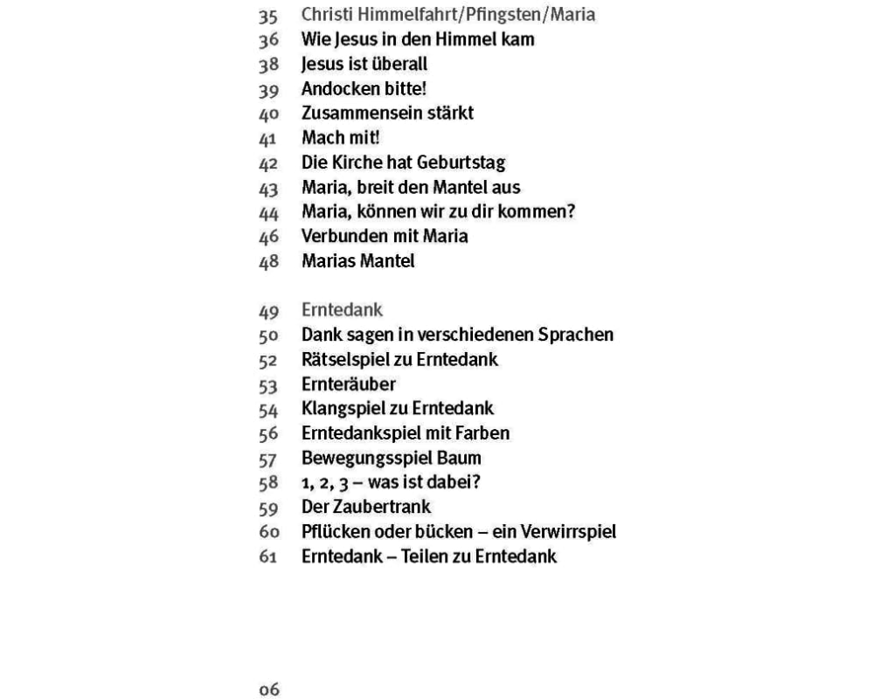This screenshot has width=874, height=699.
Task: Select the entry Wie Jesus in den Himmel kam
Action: point(417,39)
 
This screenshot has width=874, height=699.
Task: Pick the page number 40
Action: point(268,114)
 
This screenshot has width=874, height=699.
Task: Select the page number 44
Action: point(268,211)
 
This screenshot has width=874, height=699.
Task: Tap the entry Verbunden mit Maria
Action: point(385,236)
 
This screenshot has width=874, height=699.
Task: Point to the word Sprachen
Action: point(572,335)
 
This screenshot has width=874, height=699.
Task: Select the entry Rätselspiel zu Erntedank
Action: point(399,359)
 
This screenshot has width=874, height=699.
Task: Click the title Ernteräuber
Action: point(349,384)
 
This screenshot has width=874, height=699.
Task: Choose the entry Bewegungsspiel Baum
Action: point(391,457)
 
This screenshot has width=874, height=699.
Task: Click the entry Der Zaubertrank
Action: point(366,506)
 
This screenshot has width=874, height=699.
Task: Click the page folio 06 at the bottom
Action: point(268,690)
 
